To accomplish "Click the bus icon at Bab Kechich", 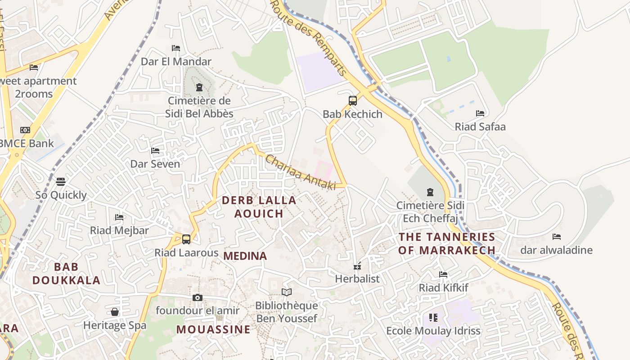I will tap(353, 100).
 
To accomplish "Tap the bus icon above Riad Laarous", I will tap(186, 239).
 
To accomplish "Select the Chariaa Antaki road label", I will tap(300, 172).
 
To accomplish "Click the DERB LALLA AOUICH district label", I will tap(259, 207).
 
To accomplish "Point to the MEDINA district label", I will tap(245, 256).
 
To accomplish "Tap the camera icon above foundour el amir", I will tap(197, 297).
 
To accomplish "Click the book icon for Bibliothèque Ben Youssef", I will tap(287, 292).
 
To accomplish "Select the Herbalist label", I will tap(357, 279).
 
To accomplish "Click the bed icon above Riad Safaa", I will tap(480, 113).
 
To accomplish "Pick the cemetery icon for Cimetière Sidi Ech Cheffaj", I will tap(430, 192).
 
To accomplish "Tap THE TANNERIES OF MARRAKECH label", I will tap(447, 243).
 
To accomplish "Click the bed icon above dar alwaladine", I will tap(557, 237).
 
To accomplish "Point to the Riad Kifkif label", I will tap(444, 288).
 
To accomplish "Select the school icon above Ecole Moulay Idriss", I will tap(433, 318).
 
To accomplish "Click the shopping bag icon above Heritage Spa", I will tap(115, 312).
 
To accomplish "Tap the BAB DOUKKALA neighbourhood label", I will tap(66, 274).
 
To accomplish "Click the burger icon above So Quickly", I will tap(61, 181).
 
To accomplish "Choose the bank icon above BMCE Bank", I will tap(25, 130).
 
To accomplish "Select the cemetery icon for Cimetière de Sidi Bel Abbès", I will tap(199, 87).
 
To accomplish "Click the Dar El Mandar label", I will tap(176, 62).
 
